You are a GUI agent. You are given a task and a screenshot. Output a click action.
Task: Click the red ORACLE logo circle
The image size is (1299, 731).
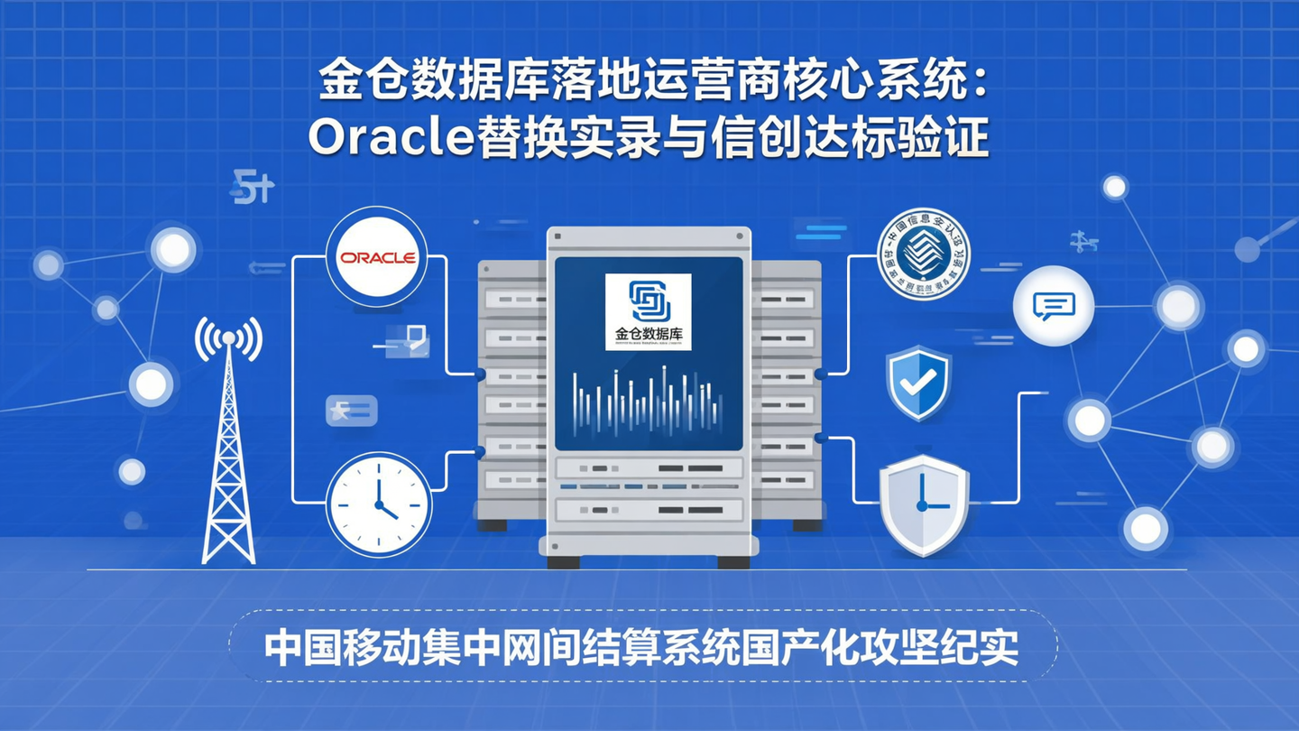376,257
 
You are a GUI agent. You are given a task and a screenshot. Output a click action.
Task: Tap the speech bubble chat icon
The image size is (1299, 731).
1053,306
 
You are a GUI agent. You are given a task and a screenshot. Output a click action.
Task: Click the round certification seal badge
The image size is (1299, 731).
924,254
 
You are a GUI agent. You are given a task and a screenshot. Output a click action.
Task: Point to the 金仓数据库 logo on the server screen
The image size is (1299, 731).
648,311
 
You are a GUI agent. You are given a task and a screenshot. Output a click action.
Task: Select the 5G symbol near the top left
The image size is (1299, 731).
252,188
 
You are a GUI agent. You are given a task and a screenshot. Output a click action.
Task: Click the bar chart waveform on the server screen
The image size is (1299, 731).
647,401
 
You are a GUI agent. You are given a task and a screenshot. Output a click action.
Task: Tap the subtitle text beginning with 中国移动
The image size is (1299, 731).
641,647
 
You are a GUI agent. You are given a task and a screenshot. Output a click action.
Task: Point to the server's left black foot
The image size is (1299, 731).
563,561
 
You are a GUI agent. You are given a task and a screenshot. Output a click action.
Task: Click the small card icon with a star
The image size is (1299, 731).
351,411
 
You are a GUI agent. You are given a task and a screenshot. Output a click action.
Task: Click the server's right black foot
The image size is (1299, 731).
732,561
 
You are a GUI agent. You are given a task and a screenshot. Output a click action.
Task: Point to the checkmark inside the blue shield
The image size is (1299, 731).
918,381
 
